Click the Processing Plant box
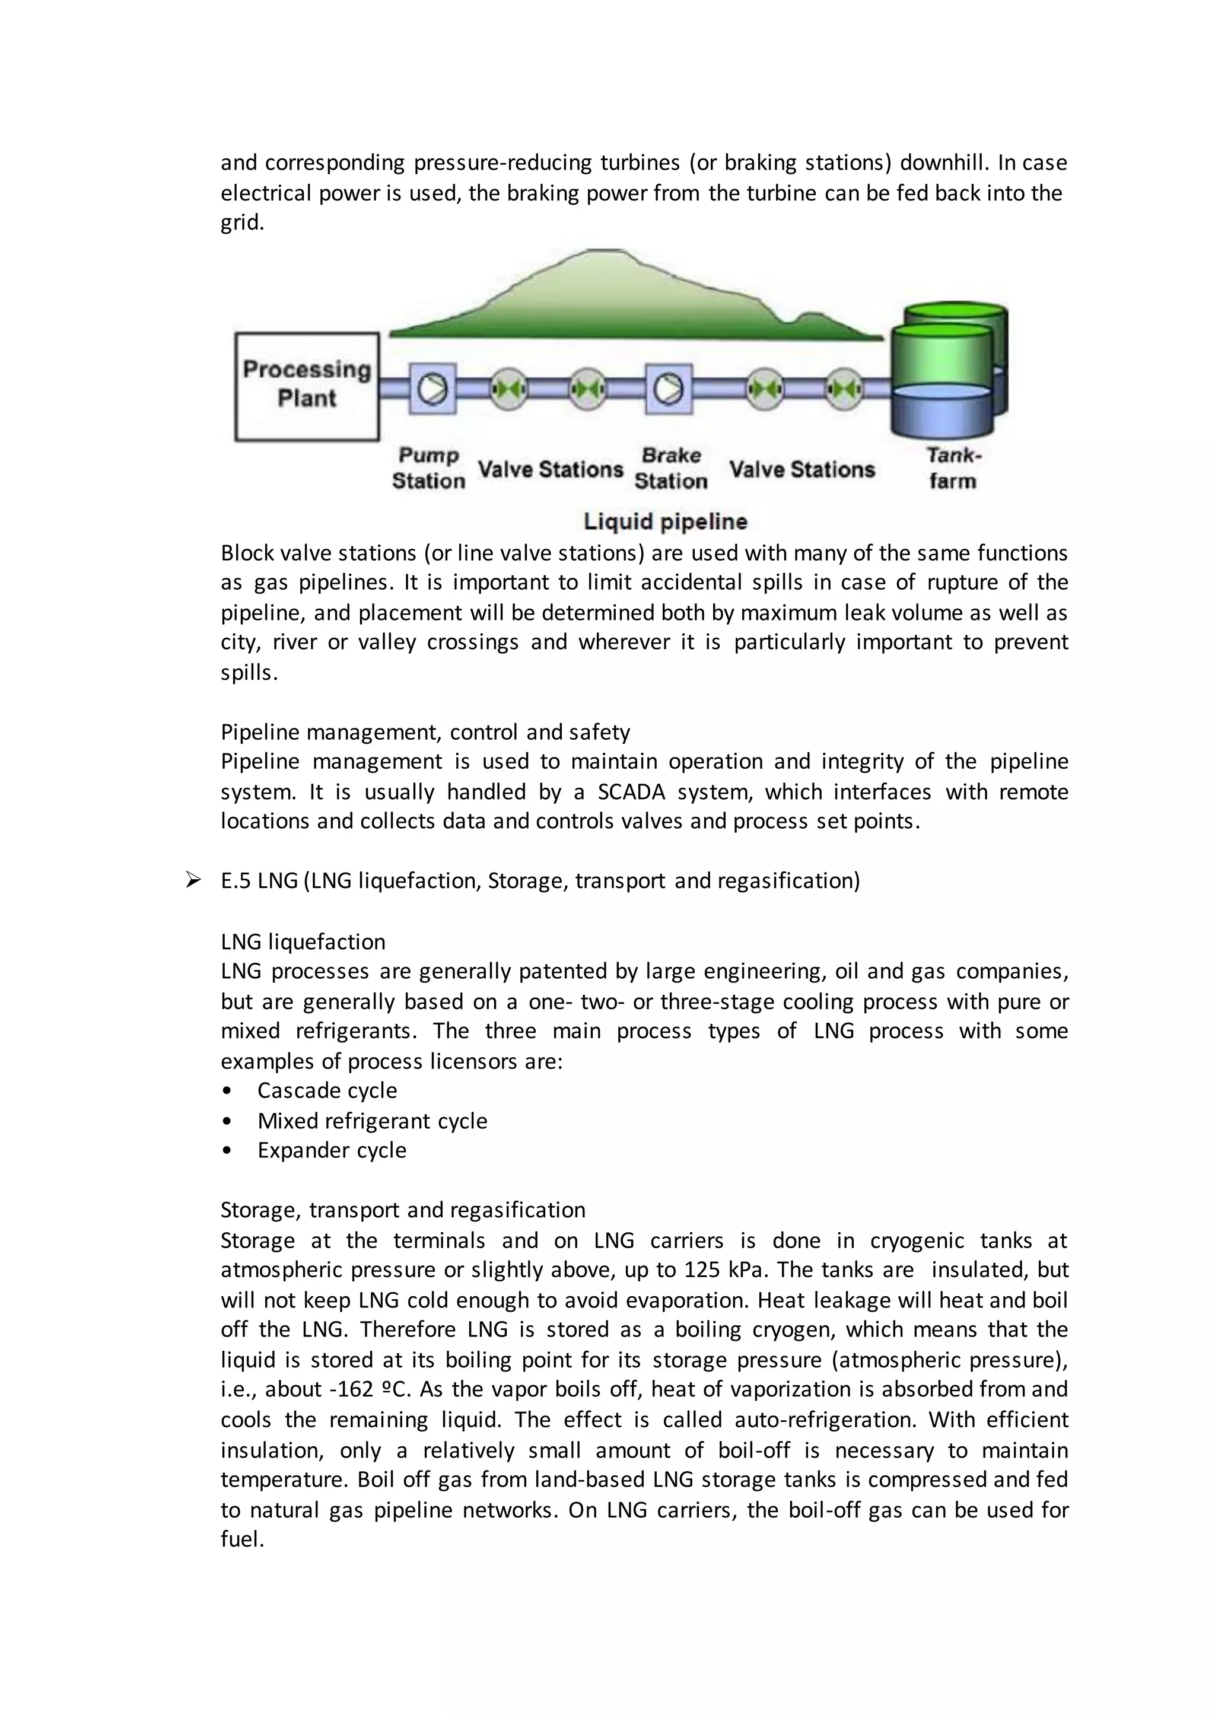coord(307,386)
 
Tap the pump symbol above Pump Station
coord(432,389)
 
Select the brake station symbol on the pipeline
coord(668,389)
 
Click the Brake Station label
coord(671,469)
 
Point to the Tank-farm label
coord(952,469)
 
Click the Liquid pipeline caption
coord(665,521)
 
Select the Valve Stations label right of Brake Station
coord(801,470)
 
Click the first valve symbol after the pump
coord(510,389)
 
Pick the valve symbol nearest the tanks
coord(845,389)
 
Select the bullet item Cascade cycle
coord(327,1090)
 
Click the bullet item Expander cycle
coord(332,1150)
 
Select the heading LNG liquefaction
coord(303,941)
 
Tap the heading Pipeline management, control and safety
coord(425,732)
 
